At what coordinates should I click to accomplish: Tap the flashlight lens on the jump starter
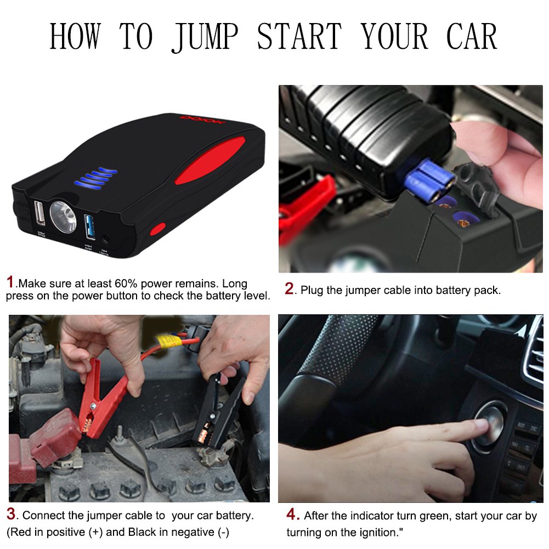pos(63,216)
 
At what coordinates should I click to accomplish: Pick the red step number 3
pos(11,515)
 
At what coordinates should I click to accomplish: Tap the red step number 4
pos(293,515)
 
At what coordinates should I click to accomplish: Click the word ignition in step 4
pos(378,533)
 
